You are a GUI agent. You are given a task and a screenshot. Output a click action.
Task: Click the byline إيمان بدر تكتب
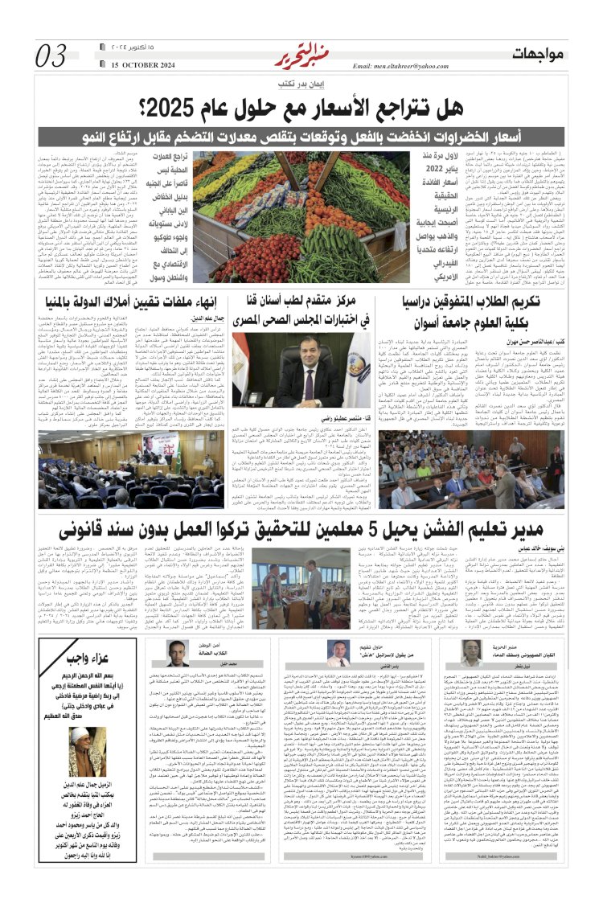[300, 84]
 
